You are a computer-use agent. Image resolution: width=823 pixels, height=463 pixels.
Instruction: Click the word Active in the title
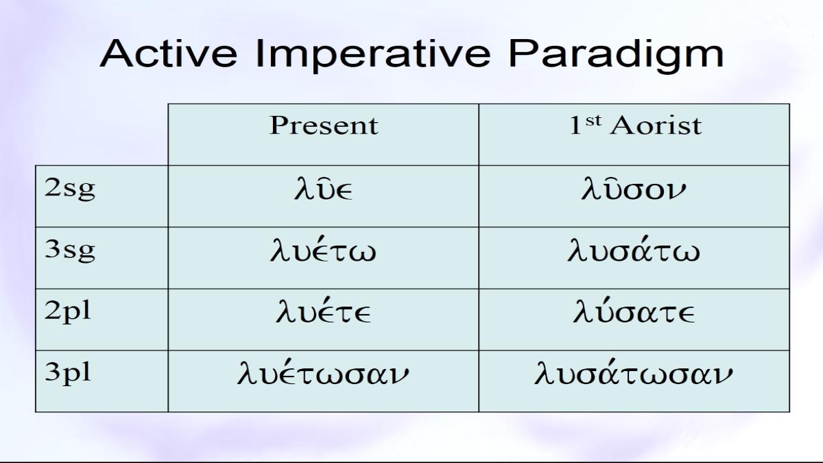[169, 54]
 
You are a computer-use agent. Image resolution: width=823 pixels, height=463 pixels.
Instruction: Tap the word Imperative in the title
[373, 54]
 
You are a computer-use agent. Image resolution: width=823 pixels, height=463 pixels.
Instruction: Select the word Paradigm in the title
[616, 54]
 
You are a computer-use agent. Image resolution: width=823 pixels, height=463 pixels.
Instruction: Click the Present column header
[324, 126]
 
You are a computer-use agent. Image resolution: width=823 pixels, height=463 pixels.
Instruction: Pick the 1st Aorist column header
[635, 126]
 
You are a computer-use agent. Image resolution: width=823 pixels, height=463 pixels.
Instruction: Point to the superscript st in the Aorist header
[594, 120]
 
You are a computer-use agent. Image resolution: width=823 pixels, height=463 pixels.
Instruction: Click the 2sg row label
[69, 189]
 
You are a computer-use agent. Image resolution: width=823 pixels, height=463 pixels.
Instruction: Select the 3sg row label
[69, 251]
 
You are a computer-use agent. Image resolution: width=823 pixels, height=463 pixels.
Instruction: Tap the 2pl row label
[68, 312]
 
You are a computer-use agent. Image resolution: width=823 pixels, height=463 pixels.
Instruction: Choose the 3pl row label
[68, 374]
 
